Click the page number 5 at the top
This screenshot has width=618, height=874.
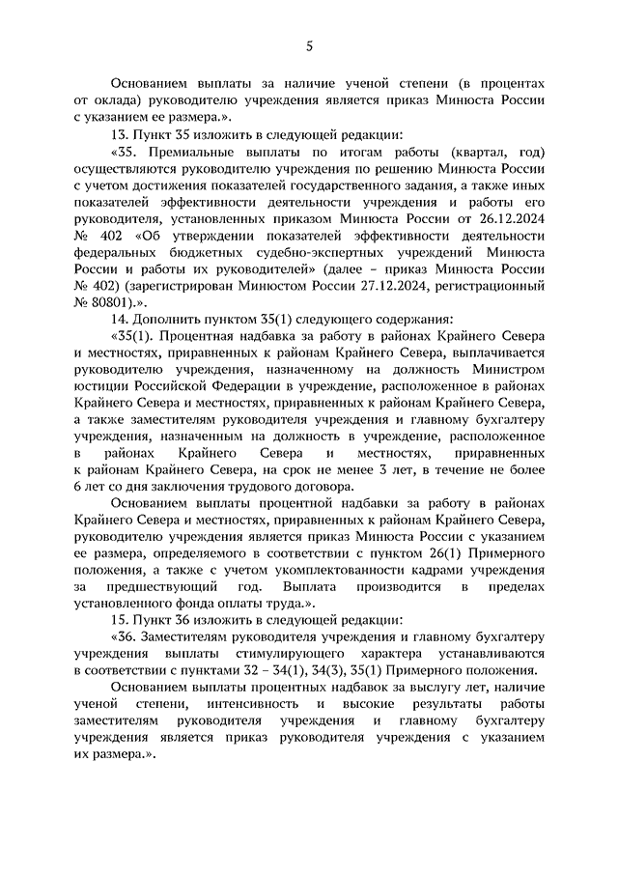coord(309,44)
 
